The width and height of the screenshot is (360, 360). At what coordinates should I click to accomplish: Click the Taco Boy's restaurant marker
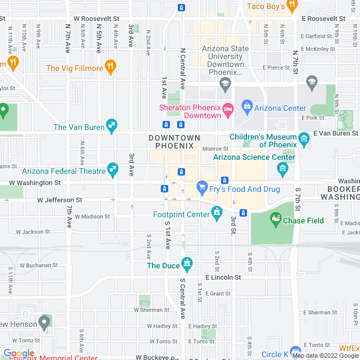click(x=291, y=6)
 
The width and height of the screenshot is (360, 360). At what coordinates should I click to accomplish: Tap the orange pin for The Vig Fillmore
click(x=111, y=67)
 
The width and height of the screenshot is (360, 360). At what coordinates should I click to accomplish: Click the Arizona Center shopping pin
click(x=246, y=105)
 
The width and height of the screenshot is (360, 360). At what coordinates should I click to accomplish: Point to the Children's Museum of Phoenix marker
click(x=304, y=138)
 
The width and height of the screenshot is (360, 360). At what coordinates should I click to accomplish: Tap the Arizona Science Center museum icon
click(x=282, y=168)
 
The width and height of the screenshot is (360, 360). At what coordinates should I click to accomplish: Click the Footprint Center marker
click(x=217, y=213)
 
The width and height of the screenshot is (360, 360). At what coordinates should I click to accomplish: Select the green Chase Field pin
click(x=276, y=220)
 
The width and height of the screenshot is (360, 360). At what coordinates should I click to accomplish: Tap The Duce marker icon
click(x=187, y=263)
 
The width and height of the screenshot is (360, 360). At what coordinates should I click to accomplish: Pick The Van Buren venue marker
click(x=111, y=125)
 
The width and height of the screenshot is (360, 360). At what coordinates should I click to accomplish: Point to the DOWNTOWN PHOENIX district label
click(x=174, y=142)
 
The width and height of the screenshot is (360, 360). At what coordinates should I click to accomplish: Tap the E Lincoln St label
click(x=223, y=277)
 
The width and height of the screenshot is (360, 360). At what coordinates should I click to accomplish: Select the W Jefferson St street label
click(x=60, y=200)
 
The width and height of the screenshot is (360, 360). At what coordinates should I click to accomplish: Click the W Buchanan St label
click(x=38, y=265)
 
